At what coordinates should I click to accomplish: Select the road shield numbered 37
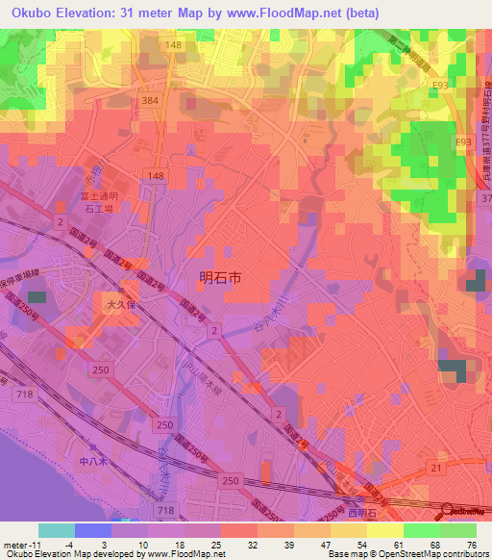coord(483,197)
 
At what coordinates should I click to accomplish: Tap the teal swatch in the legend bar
coord(56,530)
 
